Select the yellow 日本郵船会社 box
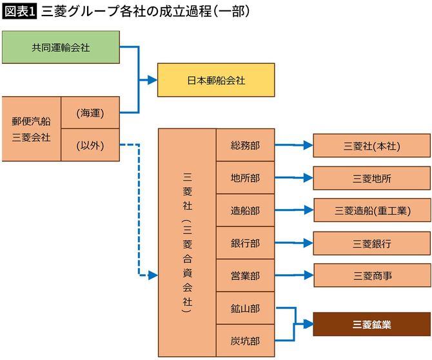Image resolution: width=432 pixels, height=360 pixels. pos(216,80)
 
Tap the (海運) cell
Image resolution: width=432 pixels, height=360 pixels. pos(90,113)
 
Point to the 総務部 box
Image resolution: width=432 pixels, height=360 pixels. pos(245,145)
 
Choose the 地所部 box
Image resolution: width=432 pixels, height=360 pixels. pos(245,178)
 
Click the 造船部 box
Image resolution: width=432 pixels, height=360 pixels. pos(245,210)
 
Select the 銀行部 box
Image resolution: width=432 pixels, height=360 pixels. pos(245,243)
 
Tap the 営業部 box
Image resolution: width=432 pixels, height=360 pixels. pos(245,275)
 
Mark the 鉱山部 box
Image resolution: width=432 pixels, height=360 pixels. pos(245,308)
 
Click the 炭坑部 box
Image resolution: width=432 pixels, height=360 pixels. pos(245,340)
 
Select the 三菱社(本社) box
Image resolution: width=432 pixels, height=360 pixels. pos(372,146)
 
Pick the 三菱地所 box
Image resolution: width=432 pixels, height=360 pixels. pos(372,178)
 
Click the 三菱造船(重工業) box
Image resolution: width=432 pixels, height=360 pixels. pos(372,210)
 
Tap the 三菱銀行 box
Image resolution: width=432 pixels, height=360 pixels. pos(372,243)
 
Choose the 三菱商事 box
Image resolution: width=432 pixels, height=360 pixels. pos(372,275)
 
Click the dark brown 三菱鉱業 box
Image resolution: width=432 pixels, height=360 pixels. pos(372,325)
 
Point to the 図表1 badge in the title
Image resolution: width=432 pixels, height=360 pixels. pos(19,12)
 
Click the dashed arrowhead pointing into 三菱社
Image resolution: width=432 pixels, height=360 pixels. pos(153,275)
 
